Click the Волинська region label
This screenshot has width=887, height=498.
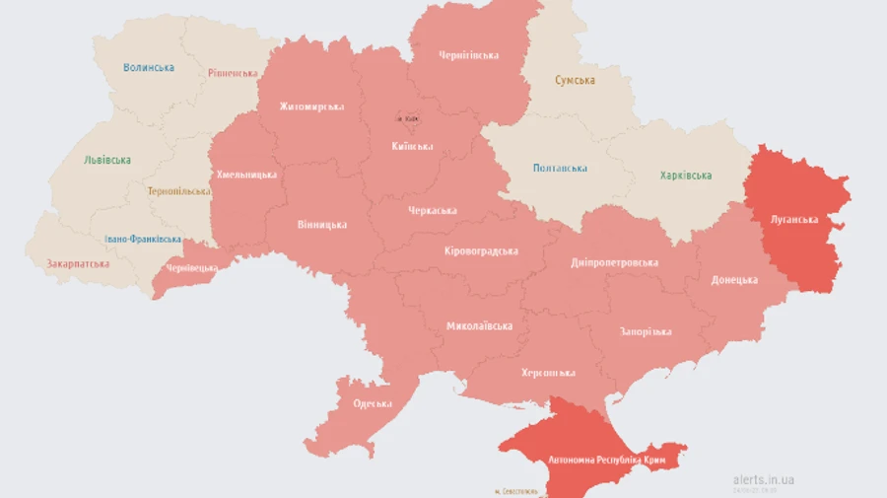click(149, 68)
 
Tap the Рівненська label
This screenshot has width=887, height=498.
click(234, 73)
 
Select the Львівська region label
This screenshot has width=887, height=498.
click(107, 160)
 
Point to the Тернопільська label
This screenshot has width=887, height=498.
click(179, 191)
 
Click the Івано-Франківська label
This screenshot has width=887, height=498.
click(143, 240)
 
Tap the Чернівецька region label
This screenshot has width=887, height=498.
click(191, 268)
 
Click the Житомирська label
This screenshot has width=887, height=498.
click(311, 107)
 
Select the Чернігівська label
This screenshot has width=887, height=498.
click(468, 55)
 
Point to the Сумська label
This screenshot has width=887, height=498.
click(575, 80)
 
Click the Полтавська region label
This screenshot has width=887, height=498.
click(560, 169)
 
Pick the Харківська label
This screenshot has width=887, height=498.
click(685, 176)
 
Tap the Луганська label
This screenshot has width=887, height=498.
click(794, 220)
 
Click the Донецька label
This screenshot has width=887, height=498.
click(734, 280)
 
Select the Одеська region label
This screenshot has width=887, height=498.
click(373, 403)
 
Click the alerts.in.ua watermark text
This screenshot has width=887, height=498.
click(764, 479)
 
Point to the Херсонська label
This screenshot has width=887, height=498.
click(548, 373)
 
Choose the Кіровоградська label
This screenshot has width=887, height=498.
click(480, 250)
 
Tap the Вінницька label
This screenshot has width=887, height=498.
click(321, 225)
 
